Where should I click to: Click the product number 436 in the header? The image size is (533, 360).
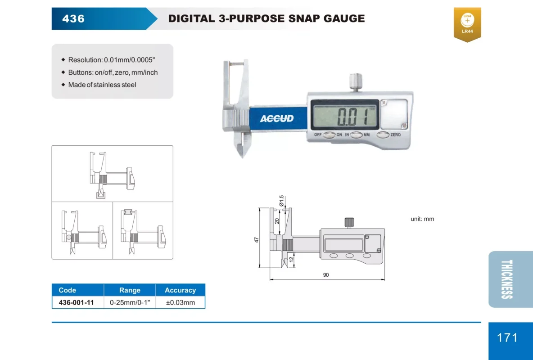coord(73,18)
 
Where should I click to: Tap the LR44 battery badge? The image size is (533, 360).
coord(467,24)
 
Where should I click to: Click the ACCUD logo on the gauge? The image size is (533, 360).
coord(277,118)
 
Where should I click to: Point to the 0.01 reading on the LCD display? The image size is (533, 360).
coord(352,117)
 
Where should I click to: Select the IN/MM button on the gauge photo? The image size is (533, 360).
coord(356,135)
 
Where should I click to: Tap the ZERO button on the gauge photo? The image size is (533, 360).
coord(383,135)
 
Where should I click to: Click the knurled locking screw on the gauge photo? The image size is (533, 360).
coord(356,82)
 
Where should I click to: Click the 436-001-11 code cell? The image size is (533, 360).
coord(76,302)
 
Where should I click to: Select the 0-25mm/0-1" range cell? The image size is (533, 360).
coord(130,302)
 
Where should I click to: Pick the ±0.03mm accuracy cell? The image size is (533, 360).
coord(181,302)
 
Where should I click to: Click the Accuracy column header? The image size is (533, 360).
coord(181,290)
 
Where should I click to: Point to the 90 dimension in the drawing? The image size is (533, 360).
coord(326,274)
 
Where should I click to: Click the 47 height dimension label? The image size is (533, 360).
coord(257,240)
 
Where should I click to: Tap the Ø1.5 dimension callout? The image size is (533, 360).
coord(281,201)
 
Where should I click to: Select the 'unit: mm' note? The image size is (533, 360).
coord(422,219)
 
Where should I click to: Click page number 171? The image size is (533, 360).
coord(507,337)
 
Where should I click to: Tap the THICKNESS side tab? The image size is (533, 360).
coord(506,279)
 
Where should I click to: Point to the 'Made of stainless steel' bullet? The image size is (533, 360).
coord(102,85)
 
